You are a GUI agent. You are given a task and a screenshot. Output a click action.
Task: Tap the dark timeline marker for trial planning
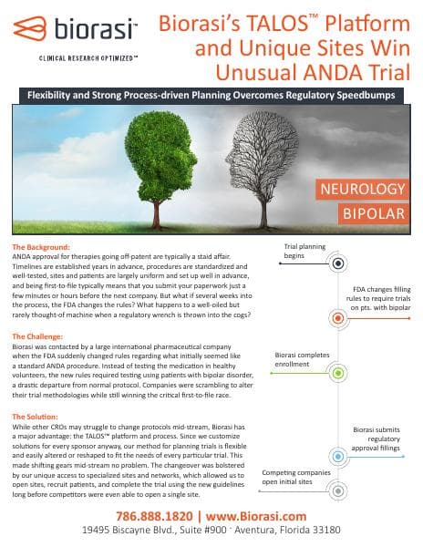[338, 264]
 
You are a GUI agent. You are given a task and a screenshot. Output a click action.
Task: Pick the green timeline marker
[338, 373]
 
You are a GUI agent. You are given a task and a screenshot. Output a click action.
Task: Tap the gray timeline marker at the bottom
[338, 490]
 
